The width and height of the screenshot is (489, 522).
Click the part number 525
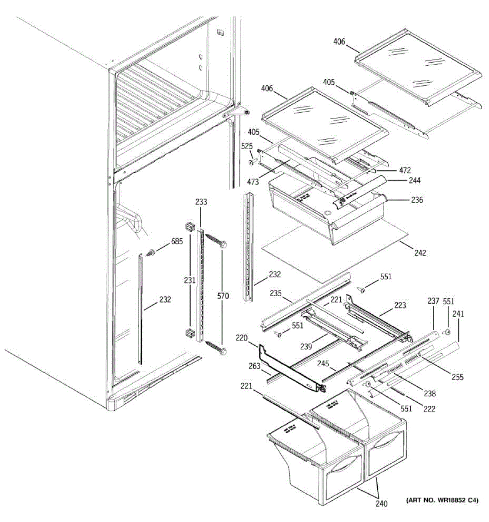(246, 146)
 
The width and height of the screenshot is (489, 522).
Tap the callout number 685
(177, 241)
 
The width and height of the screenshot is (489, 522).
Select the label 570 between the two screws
(223, 296)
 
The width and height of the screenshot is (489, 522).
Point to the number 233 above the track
(201, 202)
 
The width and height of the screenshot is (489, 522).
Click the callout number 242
(420, 253)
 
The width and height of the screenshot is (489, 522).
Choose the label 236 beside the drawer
(417, 200)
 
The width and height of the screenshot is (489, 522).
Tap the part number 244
(415, 180)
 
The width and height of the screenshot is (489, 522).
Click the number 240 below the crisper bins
(381, 504)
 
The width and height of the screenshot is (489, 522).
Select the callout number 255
(457, 377)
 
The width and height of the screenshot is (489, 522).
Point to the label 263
(254, 367)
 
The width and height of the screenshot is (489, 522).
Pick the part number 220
(242, 337)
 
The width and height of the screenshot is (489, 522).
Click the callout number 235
(275, 293)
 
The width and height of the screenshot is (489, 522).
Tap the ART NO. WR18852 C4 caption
(442, 501)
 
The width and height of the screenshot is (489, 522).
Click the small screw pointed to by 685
(152, 252)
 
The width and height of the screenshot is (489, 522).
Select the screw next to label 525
(252, 162)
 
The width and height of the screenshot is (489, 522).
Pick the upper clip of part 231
(189, 226)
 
